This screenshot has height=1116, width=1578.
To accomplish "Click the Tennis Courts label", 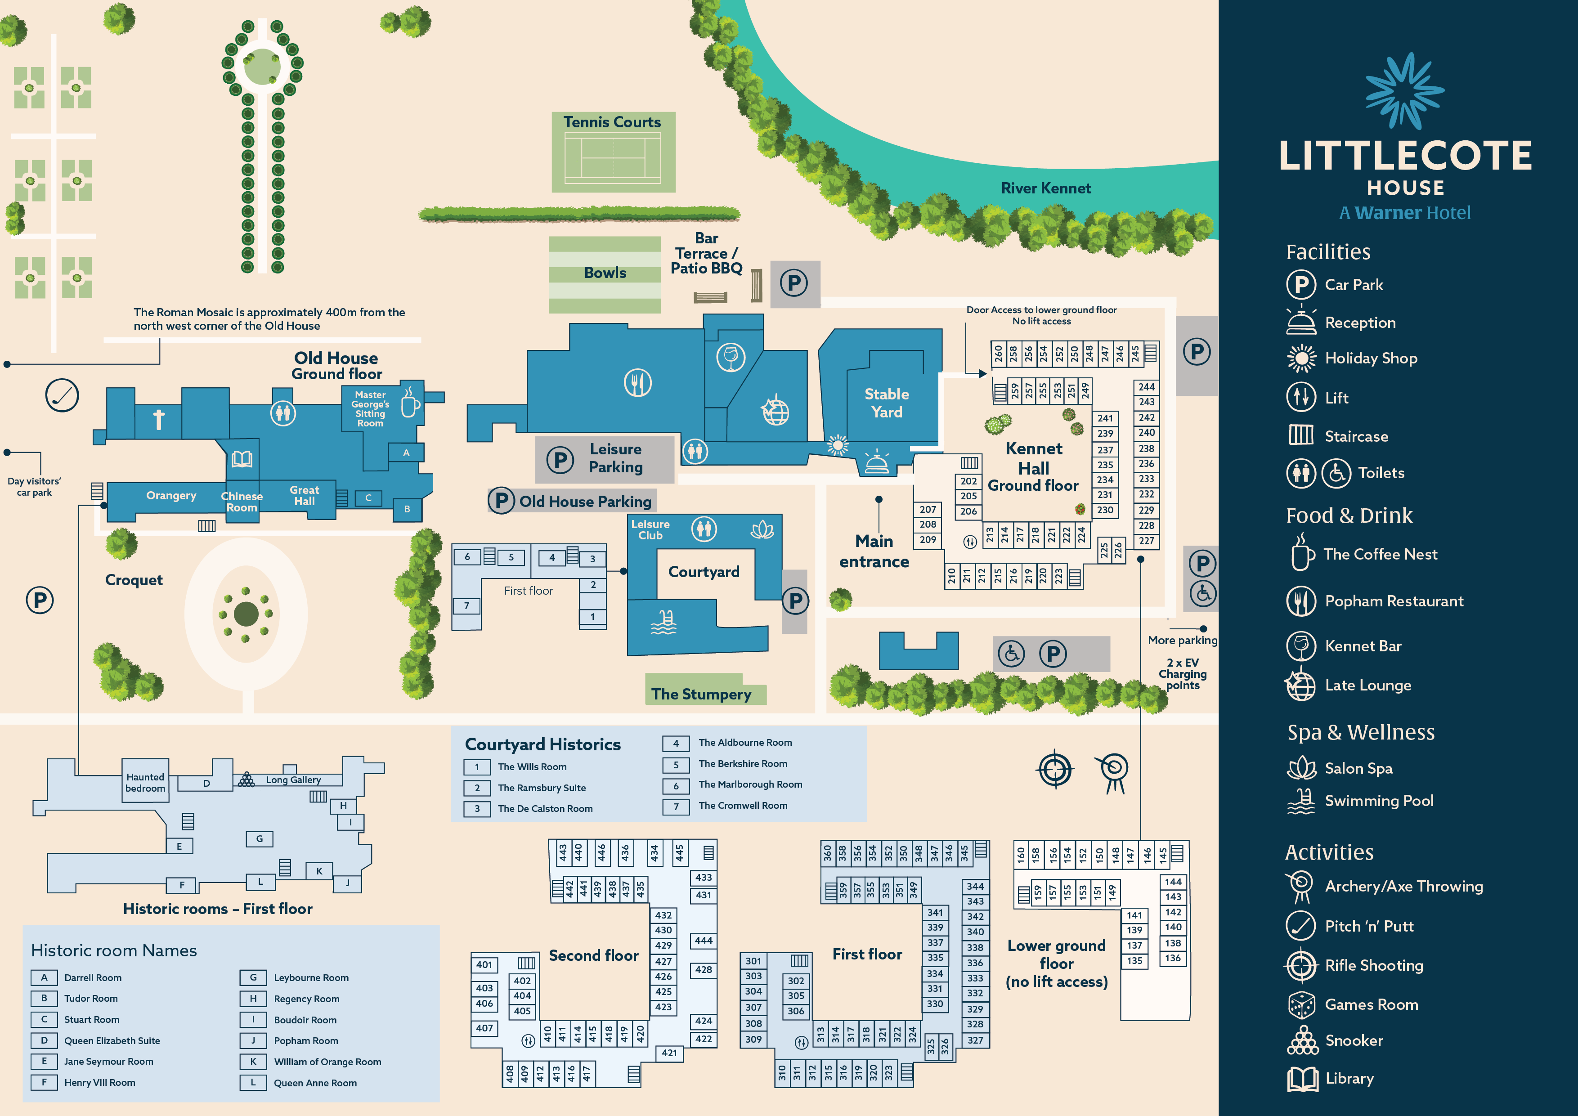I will pos(612,122).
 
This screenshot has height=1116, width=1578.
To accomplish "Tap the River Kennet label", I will pos(1045,188).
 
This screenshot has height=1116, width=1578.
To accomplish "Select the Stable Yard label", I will pos(887,403).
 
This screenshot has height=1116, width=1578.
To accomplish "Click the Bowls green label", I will pos(605,273).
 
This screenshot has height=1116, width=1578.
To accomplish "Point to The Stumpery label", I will pos(701,694).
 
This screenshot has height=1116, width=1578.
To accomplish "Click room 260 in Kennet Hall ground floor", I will pos(998,354).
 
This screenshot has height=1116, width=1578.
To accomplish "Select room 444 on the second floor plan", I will pos(703,940).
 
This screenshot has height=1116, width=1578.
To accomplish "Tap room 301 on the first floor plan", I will pos(753,961).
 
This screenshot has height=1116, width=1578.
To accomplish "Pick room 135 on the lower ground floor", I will pos(1135,961).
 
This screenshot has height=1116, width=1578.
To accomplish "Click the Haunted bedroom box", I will pos(145,782).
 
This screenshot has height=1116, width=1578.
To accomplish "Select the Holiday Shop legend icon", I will pos(1301,358).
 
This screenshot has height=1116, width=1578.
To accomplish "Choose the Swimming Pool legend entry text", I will pos(1379,801).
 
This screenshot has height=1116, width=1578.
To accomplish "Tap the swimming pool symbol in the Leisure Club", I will pos(663,622).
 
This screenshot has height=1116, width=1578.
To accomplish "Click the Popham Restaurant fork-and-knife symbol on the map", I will pos(637,383).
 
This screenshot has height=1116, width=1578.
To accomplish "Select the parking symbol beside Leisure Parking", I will pos(560,459).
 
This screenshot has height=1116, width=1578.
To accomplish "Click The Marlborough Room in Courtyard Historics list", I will pos(750,784).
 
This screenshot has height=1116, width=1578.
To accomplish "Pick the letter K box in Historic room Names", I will pos(253,1061).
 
